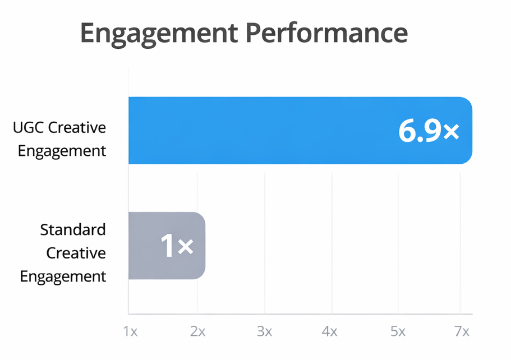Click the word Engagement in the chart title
158,34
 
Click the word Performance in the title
326,34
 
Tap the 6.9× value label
429,131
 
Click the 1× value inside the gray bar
177,246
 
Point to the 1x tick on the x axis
131,331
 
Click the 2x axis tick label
197,331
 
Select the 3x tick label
264,331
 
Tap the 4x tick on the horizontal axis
330,331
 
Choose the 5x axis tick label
397,331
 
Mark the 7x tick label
462,331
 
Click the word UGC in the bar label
28,128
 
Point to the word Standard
73,229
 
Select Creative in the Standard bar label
76,253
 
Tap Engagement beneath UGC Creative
62,151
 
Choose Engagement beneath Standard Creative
63,276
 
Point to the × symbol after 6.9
451,132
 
